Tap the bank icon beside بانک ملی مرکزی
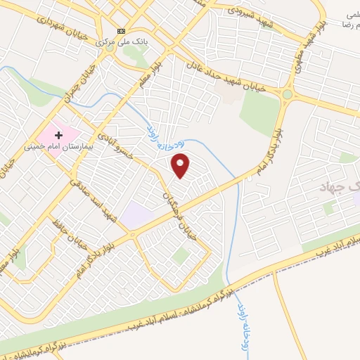click(x=122, y=32)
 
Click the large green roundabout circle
click(x=287, y=94)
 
